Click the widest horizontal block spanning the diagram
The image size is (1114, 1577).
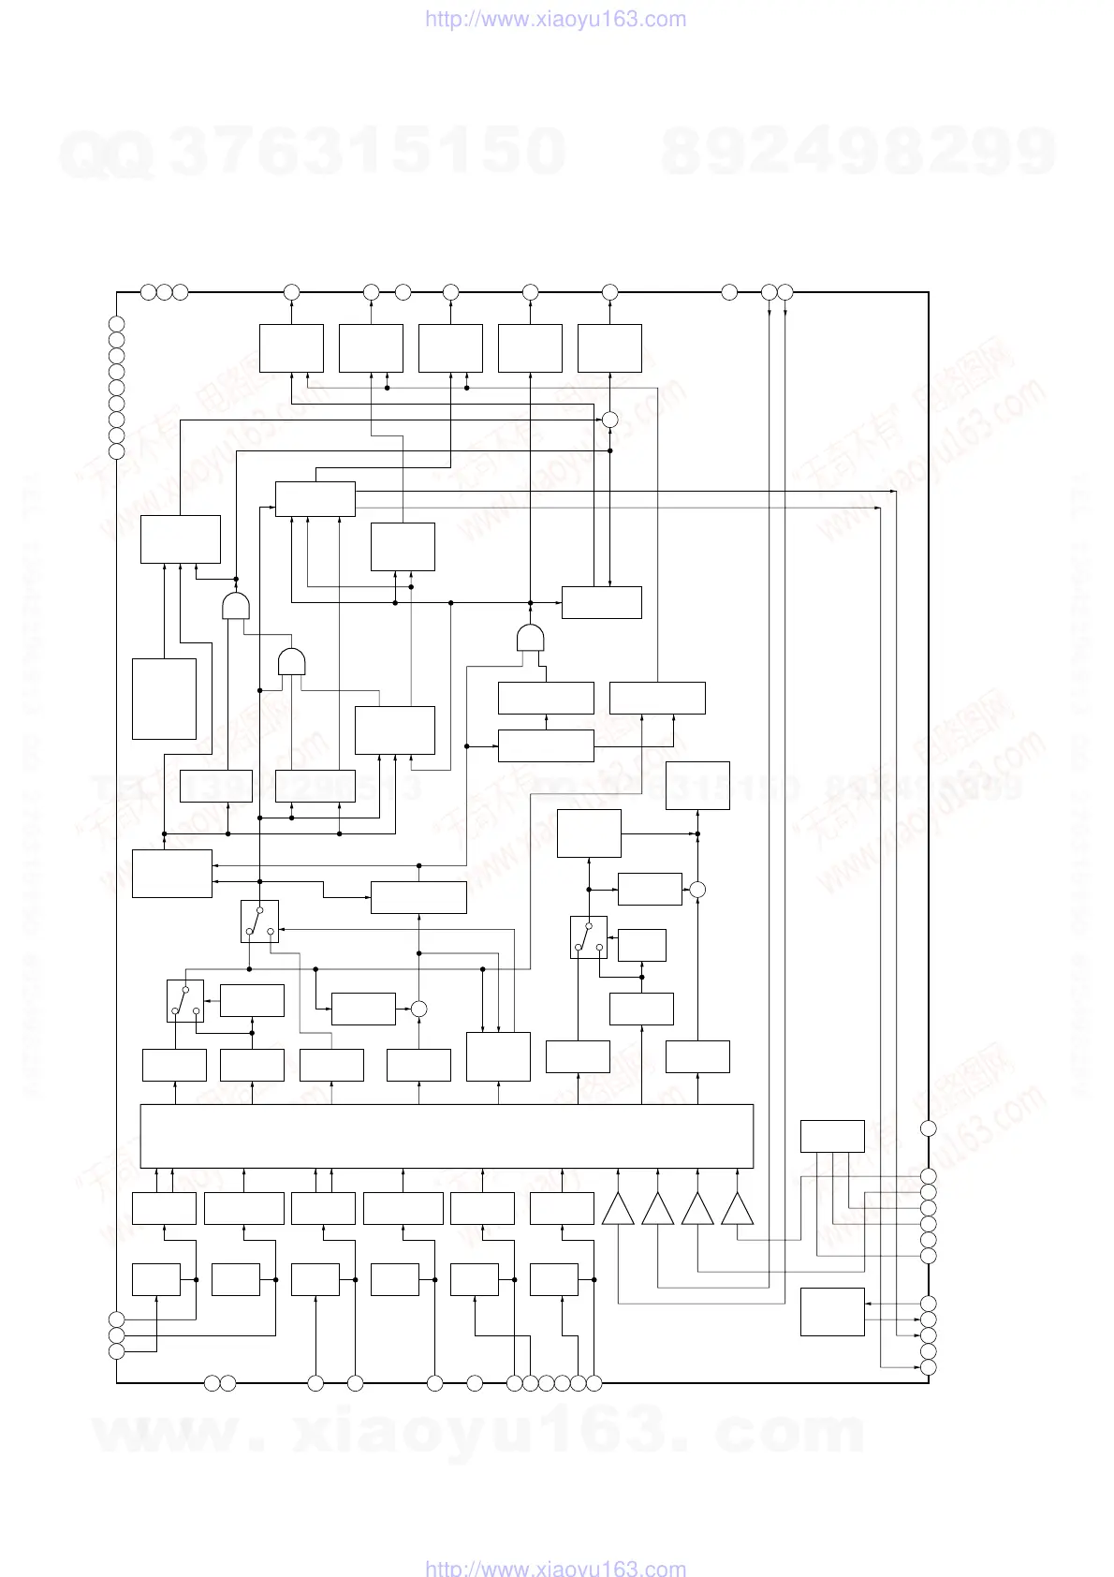point(447,1136)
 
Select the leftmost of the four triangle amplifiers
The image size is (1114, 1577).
point(618,1210)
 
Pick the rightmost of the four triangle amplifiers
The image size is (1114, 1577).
point(738,1210)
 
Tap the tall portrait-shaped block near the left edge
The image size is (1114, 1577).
point(164,699)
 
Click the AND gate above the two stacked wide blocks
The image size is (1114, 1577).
point(531,639)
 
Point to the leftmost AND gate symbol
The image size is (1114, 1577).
point(236,606)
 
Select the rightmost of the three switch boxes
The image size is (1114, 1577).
point(588,937)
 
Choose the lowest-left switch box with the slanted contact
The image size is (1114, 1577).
point(185,1001)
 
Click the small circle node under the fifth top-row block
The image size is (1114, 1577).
point(609,419)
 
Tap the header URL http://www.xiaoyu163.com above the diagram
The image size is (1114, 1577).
point(556,20)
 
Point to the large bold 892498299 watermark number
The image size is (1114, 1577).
point(858,152)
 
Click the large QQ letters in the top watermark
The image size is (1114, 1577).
point(106,155)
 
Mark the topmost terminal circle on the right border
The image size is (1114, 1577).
point(928,1128)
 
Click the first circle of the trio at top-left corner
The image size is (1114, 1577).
point(148,292)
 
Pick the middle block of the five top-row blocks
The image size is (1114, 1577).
point(450,348)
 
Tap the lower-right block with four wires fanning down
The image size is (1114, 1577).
point(832,1136)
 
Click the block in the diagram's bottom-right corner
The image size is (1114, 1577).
point(832,1312)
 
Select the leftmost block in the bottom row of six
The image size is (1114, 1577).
point(155,1280)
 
